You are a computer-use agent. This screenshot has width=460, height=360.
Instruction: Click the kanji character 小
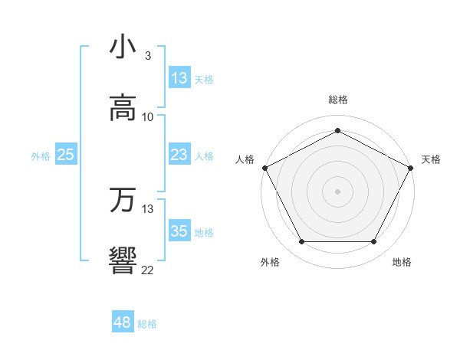coord(123,47)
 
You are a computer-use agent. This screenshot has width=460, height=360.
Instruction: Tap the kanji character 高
coord(123,108)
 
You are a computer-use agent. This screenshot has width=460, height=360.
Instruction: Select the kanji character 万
coord(123,200)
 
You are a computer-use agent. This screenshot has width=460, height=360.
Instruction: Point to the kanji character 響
coord(123,260)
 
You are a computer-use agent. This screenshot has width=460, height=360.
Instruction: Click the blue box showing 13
coord(179,78)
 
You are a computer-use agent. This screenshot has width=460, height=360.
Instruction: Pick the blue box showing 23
coord(179,155)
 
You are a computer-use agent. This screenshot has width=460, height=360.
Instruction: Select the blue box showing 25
coord(65,155)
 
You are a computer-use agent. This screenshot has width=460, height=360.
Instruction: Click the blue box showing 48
coord(122,322)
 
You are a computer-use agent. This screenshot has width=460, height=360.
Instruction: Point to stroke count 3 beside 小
coord(148,56)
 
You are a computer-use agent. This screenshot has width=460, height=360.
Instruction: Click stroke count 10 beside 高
coord(148,117)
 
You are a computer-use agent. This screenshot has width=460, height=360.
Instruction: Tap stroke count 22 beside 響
coord(148,270)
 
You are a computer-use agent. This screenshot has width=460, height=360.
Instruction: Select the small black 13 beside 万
coord(148,208)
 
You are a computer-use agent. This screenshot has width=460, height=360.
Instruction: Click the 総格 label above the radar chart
coord(338,100)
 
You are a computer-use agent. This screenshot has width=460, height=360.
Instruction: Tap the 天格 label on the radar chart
coord(431,159)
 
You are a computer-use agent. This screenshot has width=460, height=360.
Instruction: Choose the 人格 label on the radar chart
coord(245,159)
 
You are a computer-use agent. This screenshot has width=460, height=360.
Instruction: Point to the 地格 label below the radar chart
coord(402,262)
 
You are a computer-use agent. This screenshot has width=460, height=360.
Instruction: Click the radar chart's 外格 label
coord(270,262)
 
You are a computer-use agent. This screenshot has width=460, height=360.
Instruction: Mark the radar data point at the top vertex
coord(337,130)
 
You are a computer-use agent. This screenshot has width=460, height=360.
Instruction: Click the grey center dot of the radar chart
coord(337,191)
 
